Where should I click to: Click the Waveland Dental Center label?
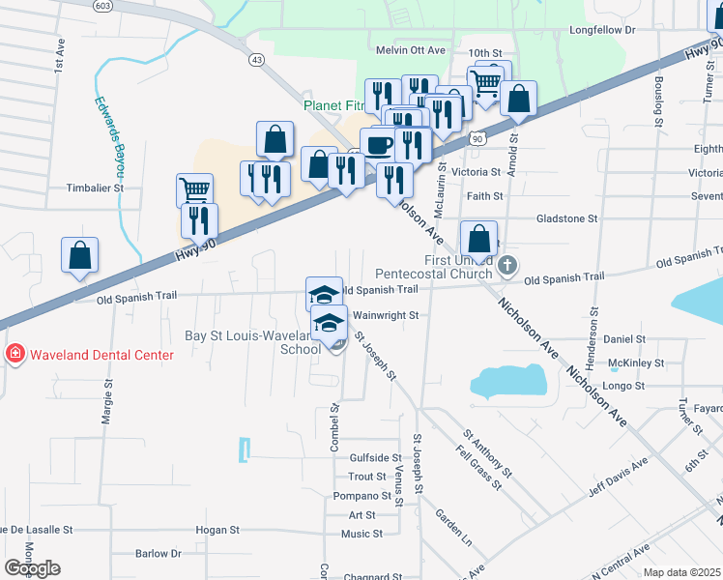coord(101,355)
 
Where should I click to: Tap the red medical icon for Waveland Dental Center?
coord(14,355)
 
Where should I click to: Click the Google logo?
coord(33,568)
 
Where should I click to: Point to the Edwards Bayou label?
coord(109,140)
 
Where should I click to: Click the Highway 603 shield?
coord(74,5)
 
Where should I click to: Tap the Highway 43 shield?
coord(256,60)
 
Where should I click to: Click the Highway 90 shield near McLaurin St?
coord(477,140)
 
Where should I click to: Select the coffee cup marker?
coord(377,144)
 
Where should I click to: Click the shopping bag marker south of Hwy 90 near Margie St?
coord(79,254)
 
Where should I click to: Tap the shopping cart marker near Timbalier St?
coord(194,189)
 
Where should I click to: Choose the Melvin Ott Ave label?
coord(411,50)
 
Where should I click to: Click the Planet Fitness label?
coord(333,105)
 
